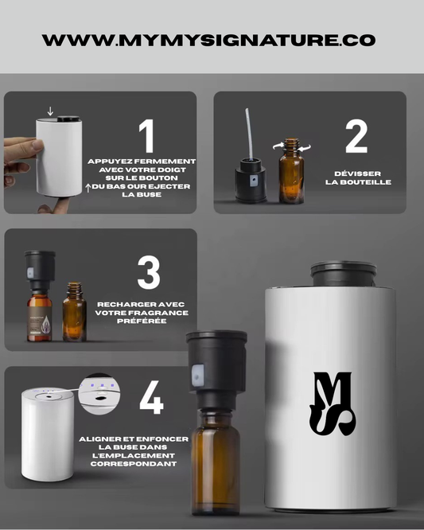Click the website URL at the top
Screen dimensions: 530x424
tap(208, 40)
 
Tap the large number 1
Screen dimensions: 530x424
tap(146, 137)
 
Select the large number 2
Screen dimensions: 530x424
tap(356, 136)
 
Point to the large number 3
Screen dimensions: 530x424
tap(148, 272)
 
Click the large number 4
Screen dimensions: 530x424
tap(151, 397)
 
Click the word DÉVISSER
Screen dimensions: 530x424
tap(357, 173)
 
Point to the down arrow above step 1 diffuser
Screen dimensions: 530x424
tap(51, 111)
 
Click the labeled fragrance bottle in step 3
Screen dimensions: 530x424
tap(39, 316)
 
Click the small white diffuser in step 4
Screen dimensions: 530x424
tap(48, 434)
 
